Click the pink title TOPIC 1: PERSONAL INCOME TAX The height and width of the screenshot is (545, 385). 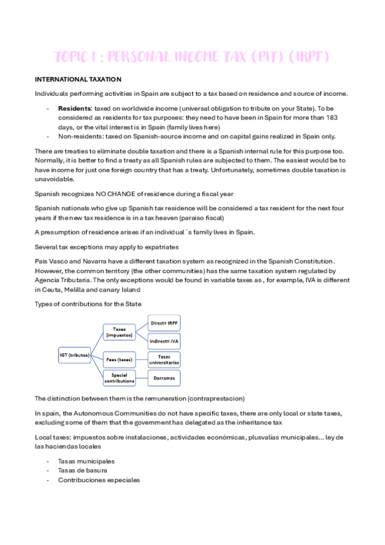click(x=192, y=57)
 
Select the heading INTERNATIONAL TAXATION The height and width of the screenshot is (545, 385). click(x=78, y=79)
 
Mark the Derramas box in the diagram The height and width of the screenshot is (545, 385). click(x=163, y=378)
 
